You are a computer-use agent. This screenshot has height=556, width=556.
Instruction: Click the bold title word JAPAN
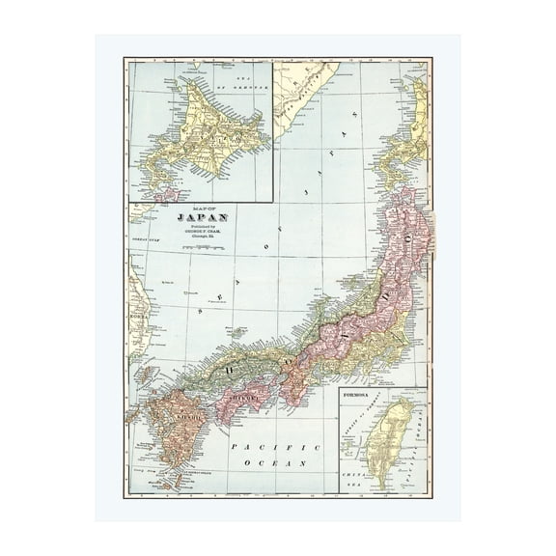click(x=199, y=217)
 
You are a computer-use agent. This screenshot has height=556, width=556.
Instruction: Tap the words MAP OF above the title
click(x=197, y=208)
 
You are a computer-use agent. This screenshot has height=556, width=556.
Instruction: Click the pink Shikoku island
click(x=247, y=400)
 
